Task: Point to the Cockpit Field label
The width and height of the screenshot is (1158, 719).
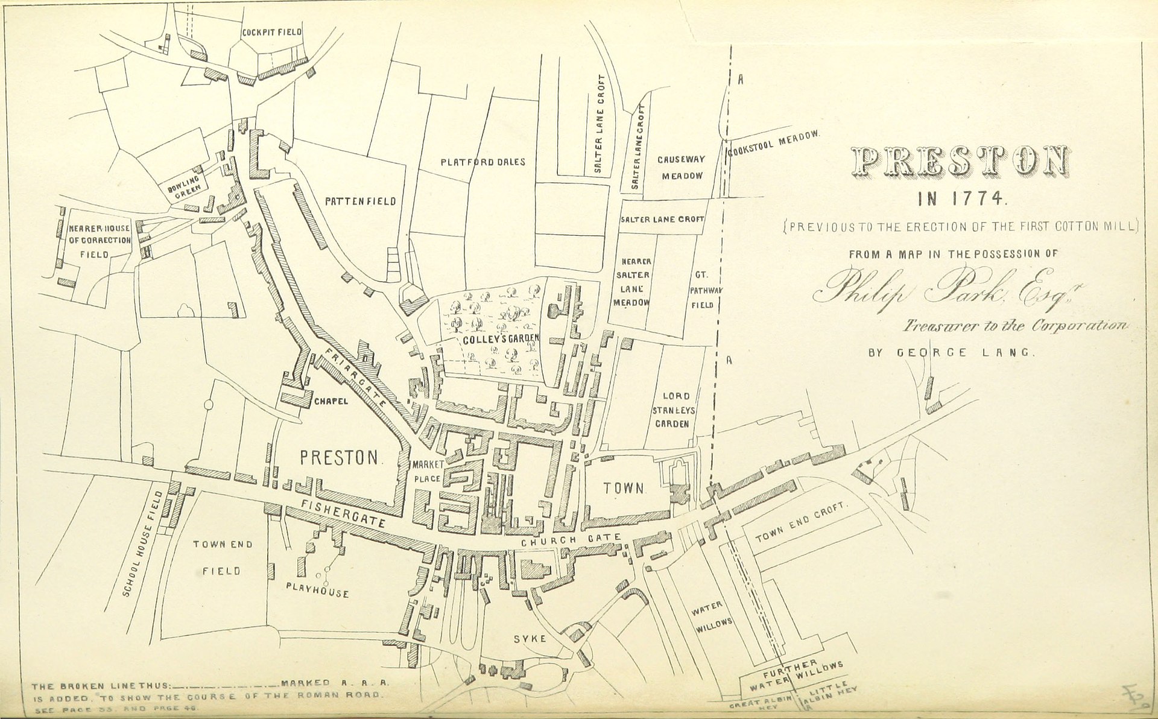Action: tap(271, 33)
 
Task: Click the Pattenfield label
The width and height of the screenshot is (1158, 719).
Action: tap(361, 201)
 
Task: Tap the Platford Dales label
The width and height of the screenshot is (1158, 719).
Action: tap(482, 162)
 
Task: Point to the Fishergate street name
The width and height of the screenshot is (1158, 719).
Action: tap(343, 513)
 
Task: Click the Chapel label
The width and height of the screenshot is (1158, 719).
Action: tap(330, 401)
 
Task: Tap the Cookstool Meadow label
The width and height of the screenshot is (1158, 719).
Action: tap(774, 143)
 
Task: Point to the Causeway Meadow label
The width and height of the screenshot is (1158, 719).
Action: tap(682, 168)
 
